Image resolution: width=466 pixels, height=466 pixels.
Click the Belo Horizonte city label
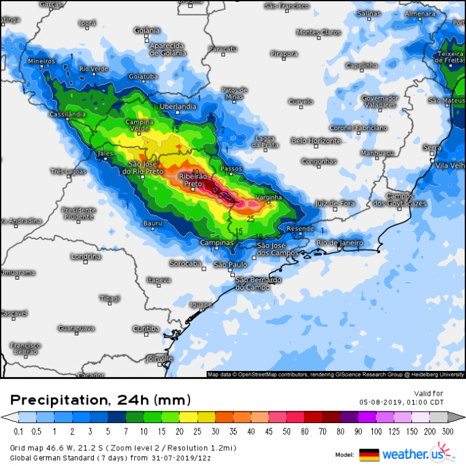point(316,141)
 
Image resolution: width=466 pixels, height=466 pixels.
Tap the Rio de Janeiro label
point(340,242)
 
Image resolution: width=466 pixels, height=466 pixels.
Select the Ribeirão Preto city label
point(193,180)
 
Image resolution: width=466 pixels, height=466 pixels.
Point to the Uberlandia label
point(178,107)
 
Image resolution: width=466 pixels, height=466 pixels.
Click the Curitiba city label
point(146,329)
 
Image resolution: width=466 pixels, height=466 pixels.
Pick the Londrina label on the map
point(86,257)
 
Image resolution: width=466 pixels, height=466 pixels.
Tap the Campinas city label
point(216,243)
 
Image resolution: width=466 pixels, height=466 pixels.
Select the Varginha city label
point(269,198)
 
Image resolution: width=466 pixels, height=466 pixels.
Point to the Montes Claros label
point(319,32)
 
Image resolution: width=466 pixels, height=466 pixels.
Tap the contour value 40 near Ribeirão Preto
point(195,172)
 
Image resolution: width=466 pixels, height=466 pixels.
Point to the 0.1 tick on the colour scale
point(18,431)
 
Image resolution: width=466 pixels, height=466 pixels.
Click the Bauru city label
point(153,223)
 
